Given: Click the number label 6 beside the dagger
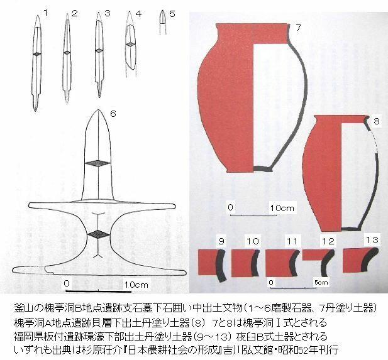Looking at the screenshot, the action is coord(113,114).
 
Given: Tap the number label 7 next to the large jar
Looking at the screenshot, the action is coord(298,28).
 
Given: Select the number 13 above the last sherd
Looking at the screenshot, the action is coord(372,240).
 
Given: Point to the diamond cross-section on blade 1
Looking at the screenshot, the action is coord(37,54).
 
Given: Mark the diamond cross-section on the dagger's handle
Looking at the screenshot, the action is coord(99,234).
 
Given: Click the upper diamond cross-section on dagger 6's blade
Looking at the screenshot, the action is coord(97,163).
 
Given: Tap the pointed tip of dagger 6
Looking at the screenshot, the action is coord(99,110).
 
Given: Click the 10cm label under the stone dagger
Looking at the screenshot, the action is coord(136,285).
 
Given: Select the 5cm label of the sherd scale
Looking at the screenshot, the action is coord(321,282).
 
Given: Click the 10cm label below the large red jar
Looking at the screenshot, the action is coord(282,208).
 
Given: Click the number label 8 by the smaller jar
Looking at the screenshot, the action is coord(377,121).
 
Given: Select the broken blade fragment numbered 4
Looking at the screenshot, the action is coord(131,43).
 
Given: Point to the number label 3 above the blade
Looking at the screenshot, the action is coord(107,13).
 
